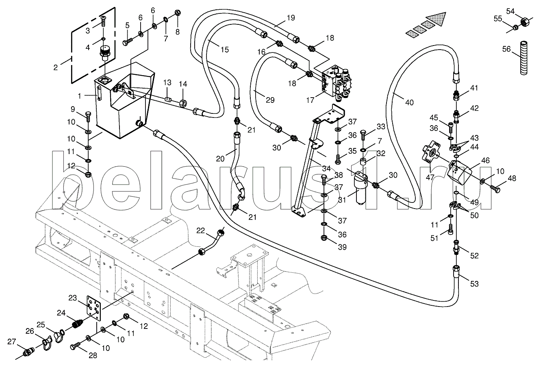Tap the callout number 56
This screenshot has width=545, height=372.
coord(506,49)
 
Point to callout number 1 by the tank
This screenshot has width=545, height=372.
coord(80,96)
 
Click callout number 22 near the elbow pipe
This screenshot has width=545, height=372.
coord(200,231)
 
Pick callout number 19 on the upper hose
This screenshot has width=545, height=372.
coord(290,17)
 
